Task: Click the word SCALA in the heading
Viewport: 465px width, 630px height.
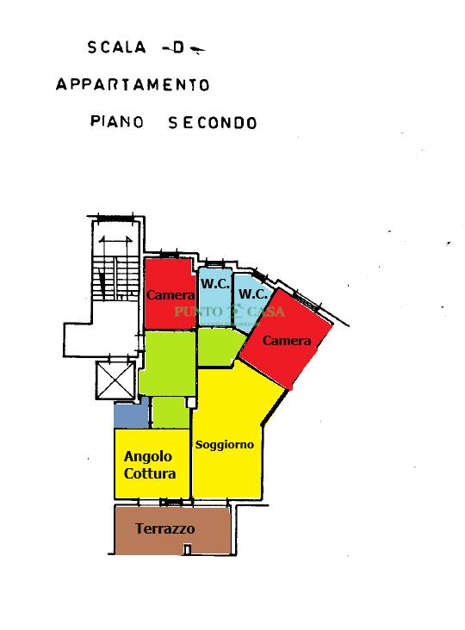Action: click(x=116, y=47)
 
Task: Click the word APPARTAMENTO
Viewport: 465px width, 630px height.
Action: click(x=133, y=85)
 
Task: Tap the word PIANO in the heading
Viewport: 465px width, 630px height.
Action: click(x=117, y=121)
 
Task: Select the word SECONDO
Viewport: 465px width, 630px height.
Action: click(x=213, y=123)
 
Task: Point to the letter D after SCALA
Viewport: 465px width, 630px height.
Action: click(x=178, y=48)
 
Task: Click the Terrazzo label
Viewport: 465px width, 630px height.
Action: click(x=165, y=528)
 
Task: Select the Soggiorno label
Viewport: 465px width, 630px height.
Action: click(x=225, y=445)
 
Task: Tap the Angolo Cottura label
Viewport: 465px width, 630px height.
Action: click(x=150, y=465)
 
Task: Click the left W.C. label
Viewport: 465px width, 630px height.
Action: click(x=215, y=284)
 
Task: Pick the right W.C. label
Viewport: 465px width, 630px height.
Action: click(x=253, y=293)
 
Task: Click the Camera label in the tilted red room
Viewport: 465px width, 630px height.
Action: click(x=287, y=341)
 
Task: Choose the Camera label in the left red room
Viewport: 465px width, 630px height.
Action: click(x=170, y=295)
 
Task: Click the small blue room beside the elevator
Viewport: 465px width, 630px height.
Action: click(x=131, y=415)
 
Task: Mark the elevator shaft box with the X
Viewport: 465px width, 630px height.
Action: click(x=115, y=380)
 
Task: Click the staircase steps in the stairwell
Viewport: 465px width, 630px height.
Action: click(x=115, y=277)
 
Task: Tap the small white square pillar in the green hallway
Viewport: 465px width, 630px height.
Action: click(x=191, y=403)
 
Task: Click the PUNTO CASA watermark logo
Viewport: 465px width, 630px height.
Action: click(x=229, y=312)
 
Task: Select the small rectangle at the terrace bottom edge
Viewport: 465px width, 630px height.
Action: click(x=187, y=549)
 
